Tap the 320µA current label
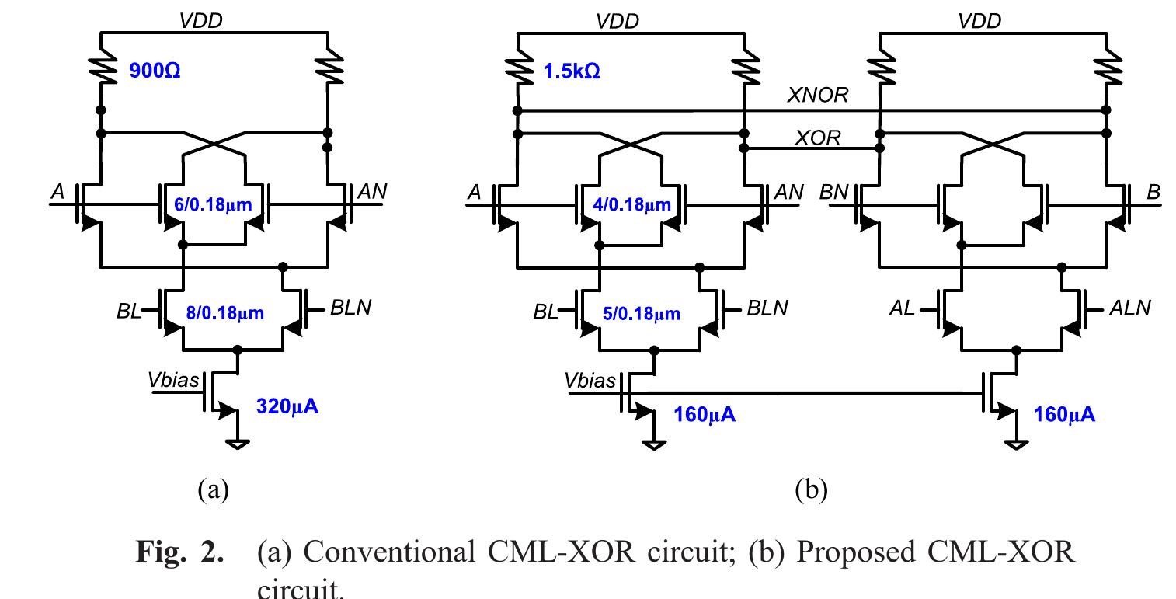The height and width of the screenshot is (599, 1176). [x=287, y=406]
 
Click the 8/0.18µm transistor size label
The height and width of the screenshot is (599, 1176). [x=224, y=313]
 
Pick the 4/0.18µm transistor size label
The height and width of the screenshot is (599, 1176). [x=631, y=206]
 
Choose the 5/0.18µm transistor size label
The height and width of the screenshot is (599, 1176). [x=641, y=313]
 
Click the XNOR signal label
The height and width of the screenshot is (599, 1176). [x=818, y=96]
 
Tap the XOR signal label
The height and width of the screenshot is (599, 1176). [x=817, y=138]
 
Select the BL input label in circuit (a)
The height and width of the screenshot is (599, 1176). [x=129, y=312]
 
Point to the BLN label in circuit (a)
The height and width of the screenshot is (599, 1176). [x=350, y=308]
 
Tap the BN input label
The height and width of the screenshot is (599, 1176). [x=834, y=192]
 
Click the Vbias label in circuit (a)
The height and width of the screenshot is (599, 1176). [x=174, y=380]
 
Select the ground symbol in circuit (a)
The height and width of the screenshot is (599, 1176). [x=238, y=444]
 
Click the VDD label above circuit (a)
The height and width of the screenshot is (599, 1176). [x=200, y=21]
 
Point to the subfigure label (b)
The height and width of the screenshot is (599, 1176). [x=811, y=489]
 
